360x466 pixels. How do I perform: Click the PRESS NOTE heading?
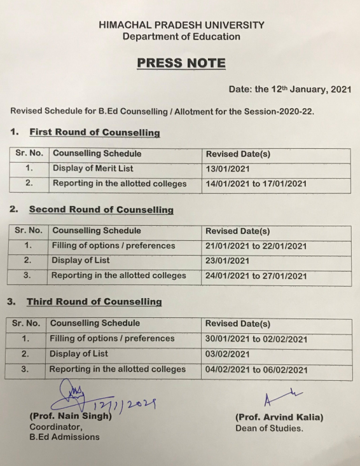pos(181,63)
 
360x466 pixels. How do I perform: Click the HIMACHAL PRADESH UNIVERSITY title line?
pos(181,25)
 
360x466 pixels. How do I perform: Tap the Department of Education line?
pos(181,37)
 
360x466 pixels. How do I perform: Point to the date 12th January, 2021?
pos(289,90)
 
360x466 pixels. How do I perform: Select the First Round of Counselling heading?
pos(94,132)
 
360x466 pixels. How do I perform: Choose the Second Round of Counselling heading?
pos(101,209)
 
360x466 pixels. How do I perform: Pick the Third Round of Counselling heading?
pos(94,301)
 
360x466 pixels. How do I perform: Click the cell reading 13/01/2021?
pos(228,169)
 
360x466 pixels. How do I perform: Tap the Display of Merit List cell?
pos(93,168)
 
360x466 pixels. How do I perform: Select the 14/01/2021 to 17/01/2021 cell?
pos(256,184)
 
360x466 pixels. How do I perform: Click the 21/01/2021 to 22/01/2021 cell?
pos(256,246)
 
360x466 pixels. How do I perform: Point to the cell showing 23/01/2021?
pos(228,261)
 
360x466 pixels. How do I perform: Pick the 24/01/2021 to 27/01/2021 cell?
pos(256,277)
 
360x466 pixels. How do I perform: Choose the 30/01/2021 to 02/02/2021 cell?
pos(256,339)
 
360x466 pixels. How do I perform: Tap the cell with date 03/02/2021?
pos(228,355)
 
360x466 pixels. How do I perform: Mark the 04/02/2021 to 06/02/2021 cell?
pos(256,370)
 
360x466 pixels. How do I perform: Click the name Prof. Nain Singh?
pos(71,417)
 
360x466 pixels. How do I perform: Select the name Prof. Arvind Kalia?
pos(279,418)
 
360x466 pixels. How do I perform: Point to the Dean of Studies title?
pos(270,428)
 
